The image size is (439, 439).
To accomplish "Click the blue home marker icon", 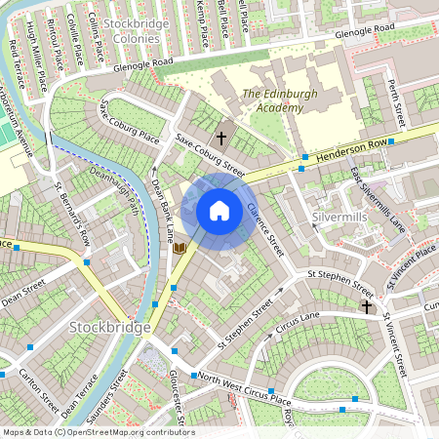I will [x=219, y=210].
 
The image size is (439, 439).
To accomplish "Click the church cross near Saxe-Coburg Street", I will [x=221, y=139].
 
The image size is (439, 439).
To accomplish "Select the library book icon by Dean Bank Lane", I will [x=180, y=249].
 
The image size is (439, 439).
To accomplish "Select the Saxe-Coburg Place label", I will [x=128, y=121].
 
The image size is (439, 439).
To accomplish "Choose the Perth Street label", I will [x=395, y=101].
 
